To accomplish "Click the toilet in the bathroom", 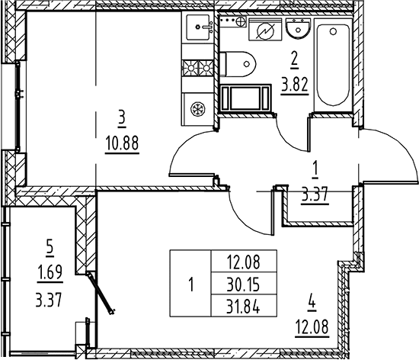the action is (x=237, y=64).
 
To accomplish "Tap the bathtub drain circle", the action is (x=333, y=31).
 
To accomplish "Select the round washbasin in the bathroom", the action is (x=298, y=28).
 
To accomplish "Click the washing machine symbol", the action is (x=265, y=31).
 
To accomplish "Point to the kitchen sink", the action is (x=198, y=27).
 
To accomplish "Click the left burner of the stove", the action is (x=190, y=68).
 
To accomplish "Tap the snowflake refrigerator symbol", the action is (x=198, y=109).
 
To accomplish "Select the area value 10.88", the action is (x=122, y=143).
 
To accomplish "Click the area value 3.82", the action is (x=295, y=84).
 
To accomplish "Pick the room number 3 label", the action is (x=122, y=118).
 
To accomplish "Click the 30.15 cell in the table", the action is (x=243, y=284).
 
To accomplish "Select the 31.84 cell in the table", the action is (x=243, y=307).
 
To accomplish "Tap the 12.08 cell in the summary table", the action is (x=243, y=262).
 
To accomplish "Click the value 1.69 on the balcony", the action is (x=50, y=272).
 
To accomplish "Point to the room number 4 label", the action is (x=312, y=304).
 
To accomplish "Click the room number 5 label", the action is (x=50, y=250).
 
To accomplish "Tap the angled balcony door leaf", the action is (x=101, y=293).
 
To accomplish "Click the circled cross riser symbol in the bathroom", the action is (x=241, y=21).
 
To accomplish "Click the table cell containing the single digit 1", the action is (x=190, y=284).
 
